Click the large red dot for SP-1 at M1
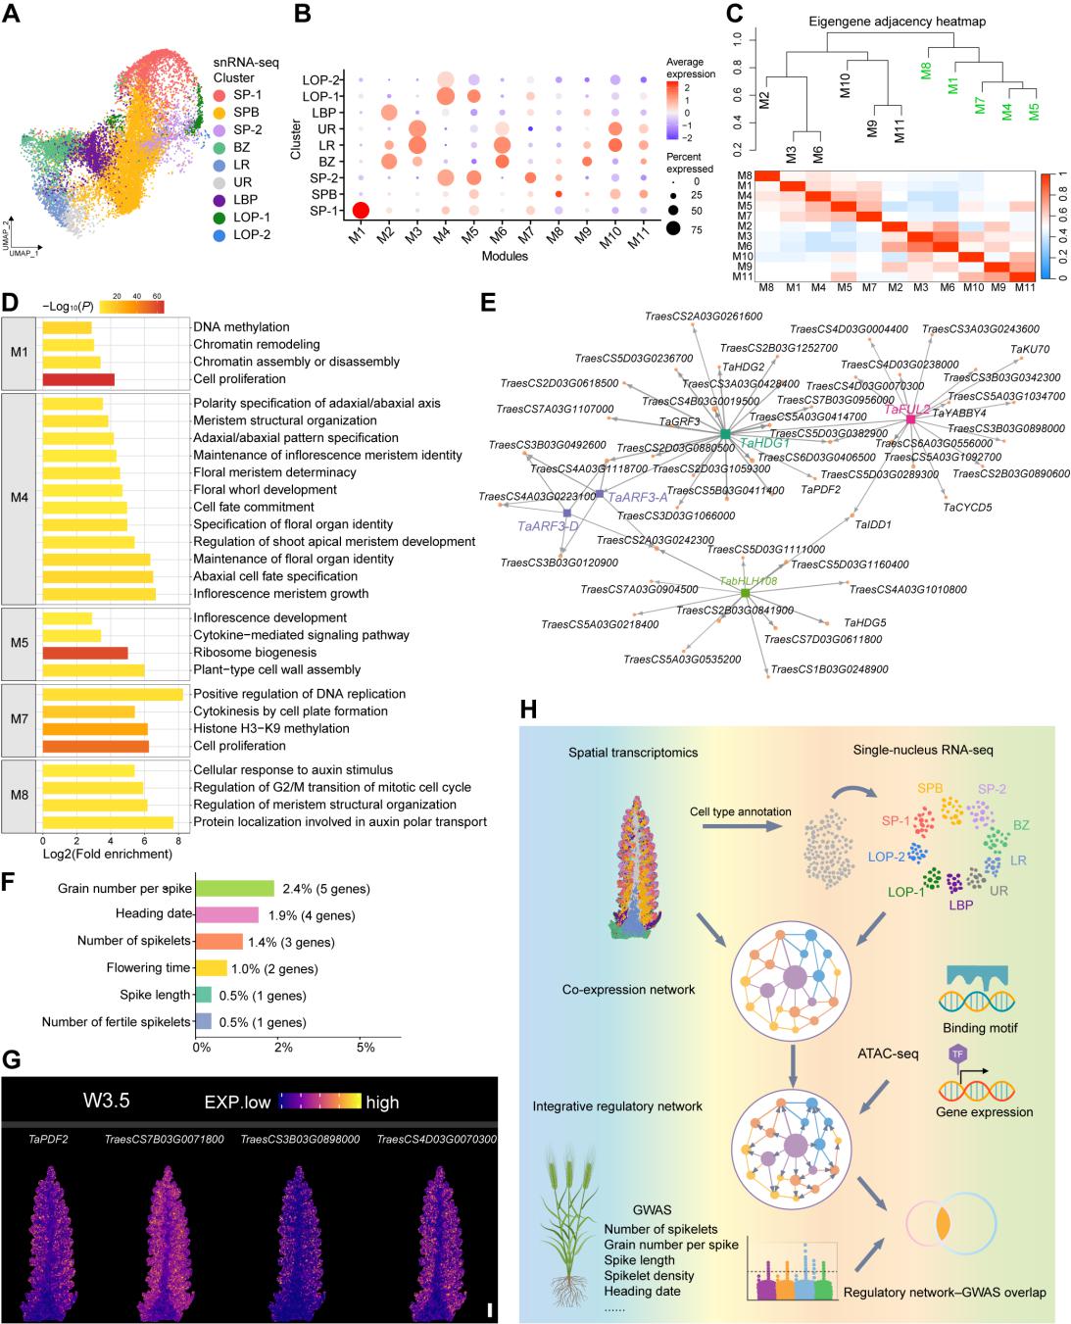(360, 211)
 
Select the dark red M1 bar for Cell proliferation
(79, 379)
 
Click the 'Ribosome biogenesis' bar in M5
(85, 653)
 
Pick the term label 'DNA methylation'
(241, 327)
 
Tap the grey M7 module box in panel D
(19, 720)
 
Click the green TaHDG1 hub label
(764, 443)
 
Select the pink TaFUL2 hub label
(907, 409)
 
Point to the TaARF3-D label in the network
(548, 526)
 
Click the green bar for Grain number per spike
(235, 889)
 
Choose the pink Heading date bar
(227, 915)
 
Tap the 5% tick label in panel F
(365, 1048)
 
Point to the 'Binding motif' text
(980, 1028)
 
